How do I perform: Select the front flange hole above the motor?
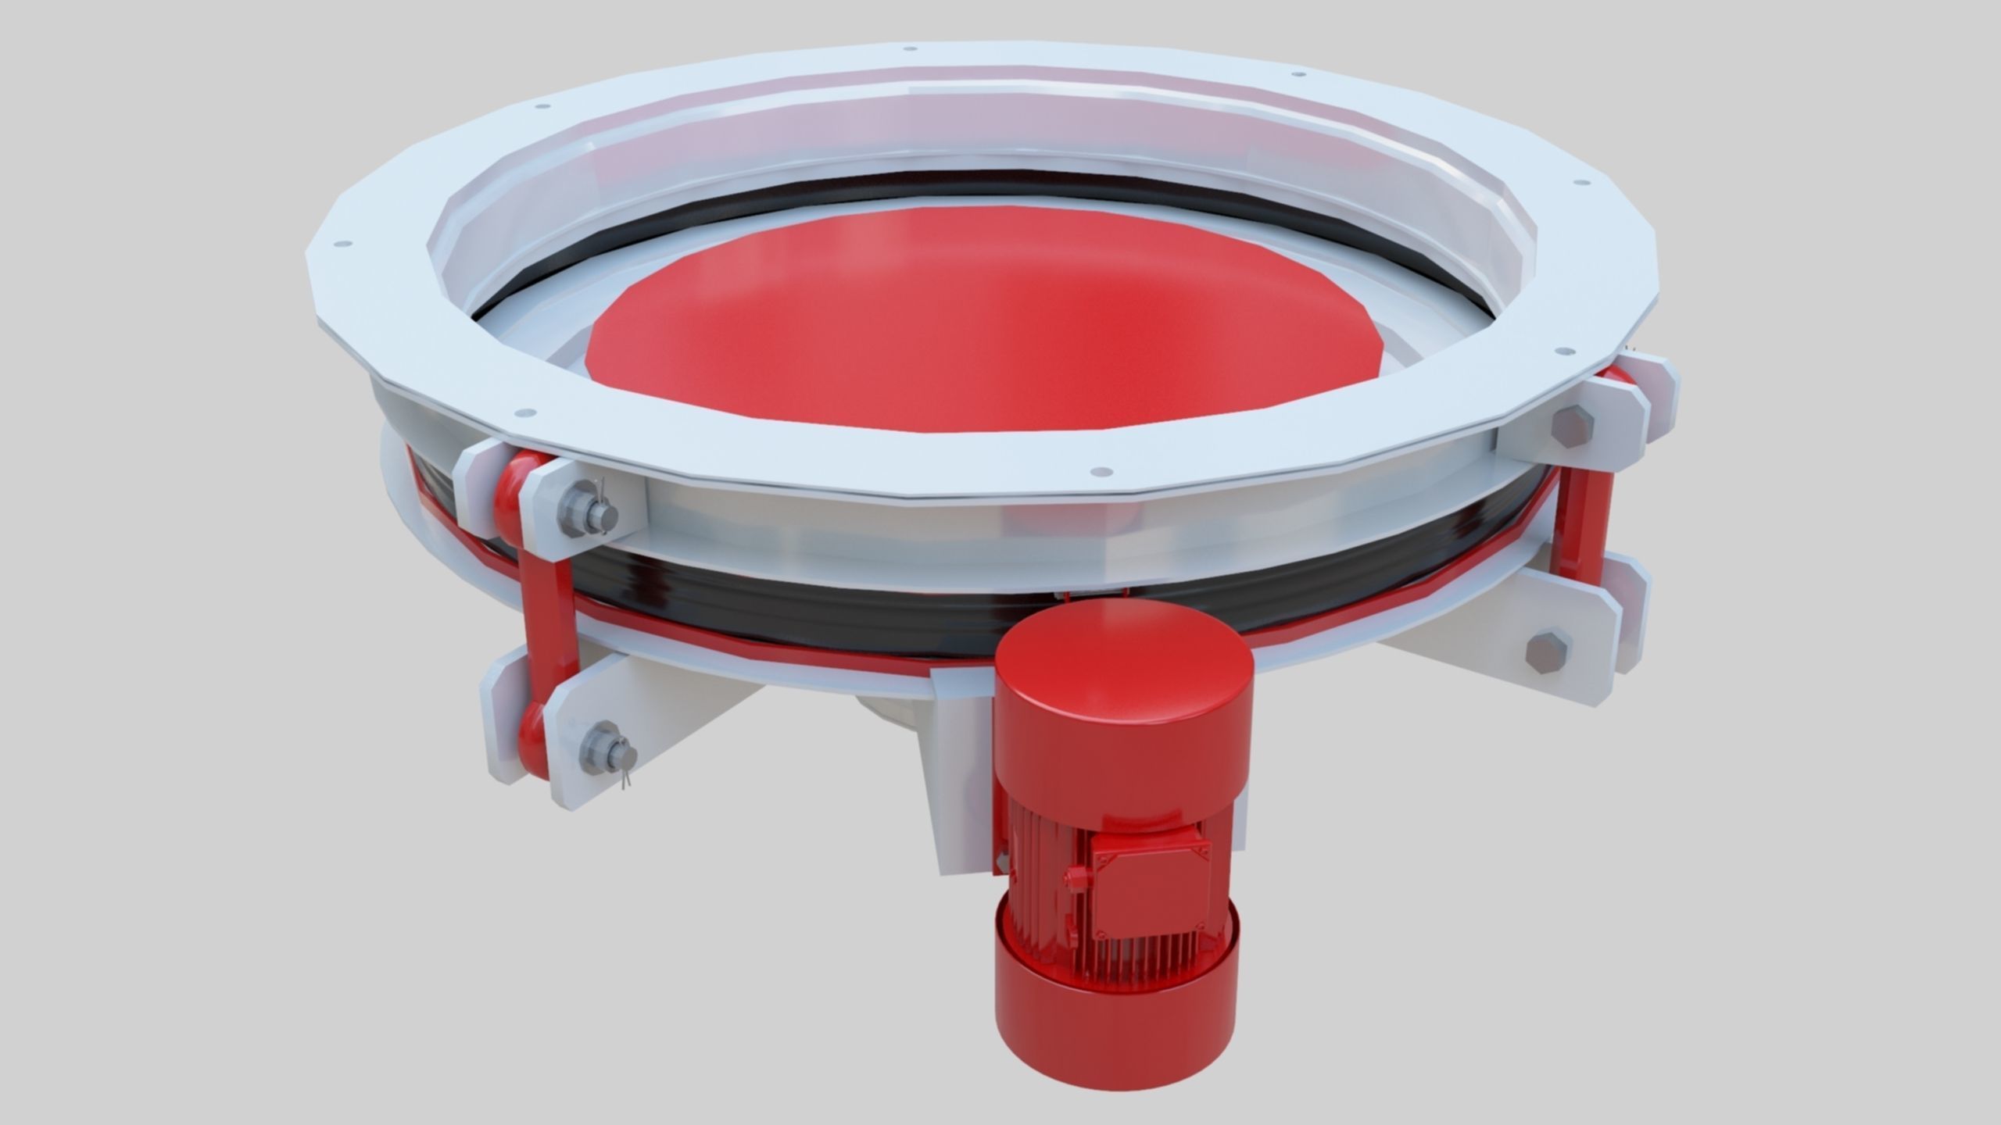coord(1101,472)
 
